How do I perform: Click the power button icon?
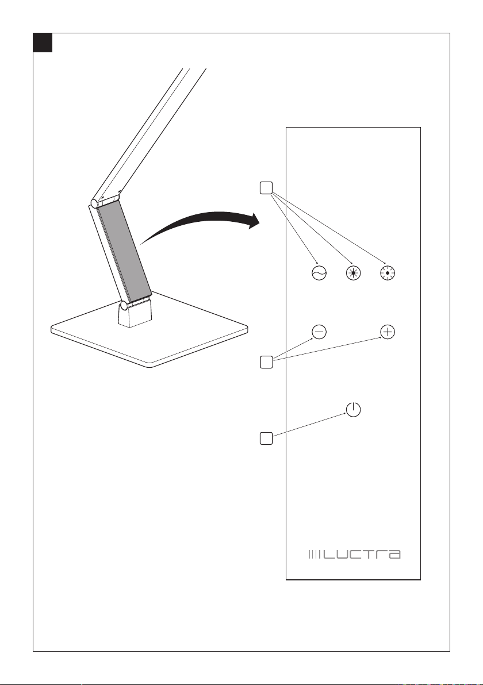pyautogui.click(x=354, y=410)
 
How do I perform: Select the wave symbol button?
pyautogui.click(x=319, y=274)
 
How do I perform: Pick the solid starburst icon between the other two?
pyautogui.click(x=354, y=274)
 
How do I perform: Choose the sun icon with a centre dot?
pyautogui.click(x=389, y=274)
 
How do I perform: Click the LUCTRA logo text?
pyautogui.click(x=361, y=555)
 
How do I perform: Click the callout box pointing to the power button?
pyautogui.click(x=265, y=438)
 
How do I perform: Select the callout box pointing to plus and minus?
pyautogui.click(x=265, y=362)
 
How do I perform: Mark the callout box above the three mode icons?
pyautogui.click(x=265, y=188)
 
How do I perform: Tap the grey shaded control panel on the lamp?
pyautogui.click(x=124, y=247)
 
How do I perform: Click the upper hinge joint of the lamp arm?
pyautogui.click(x=94, y=203)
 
